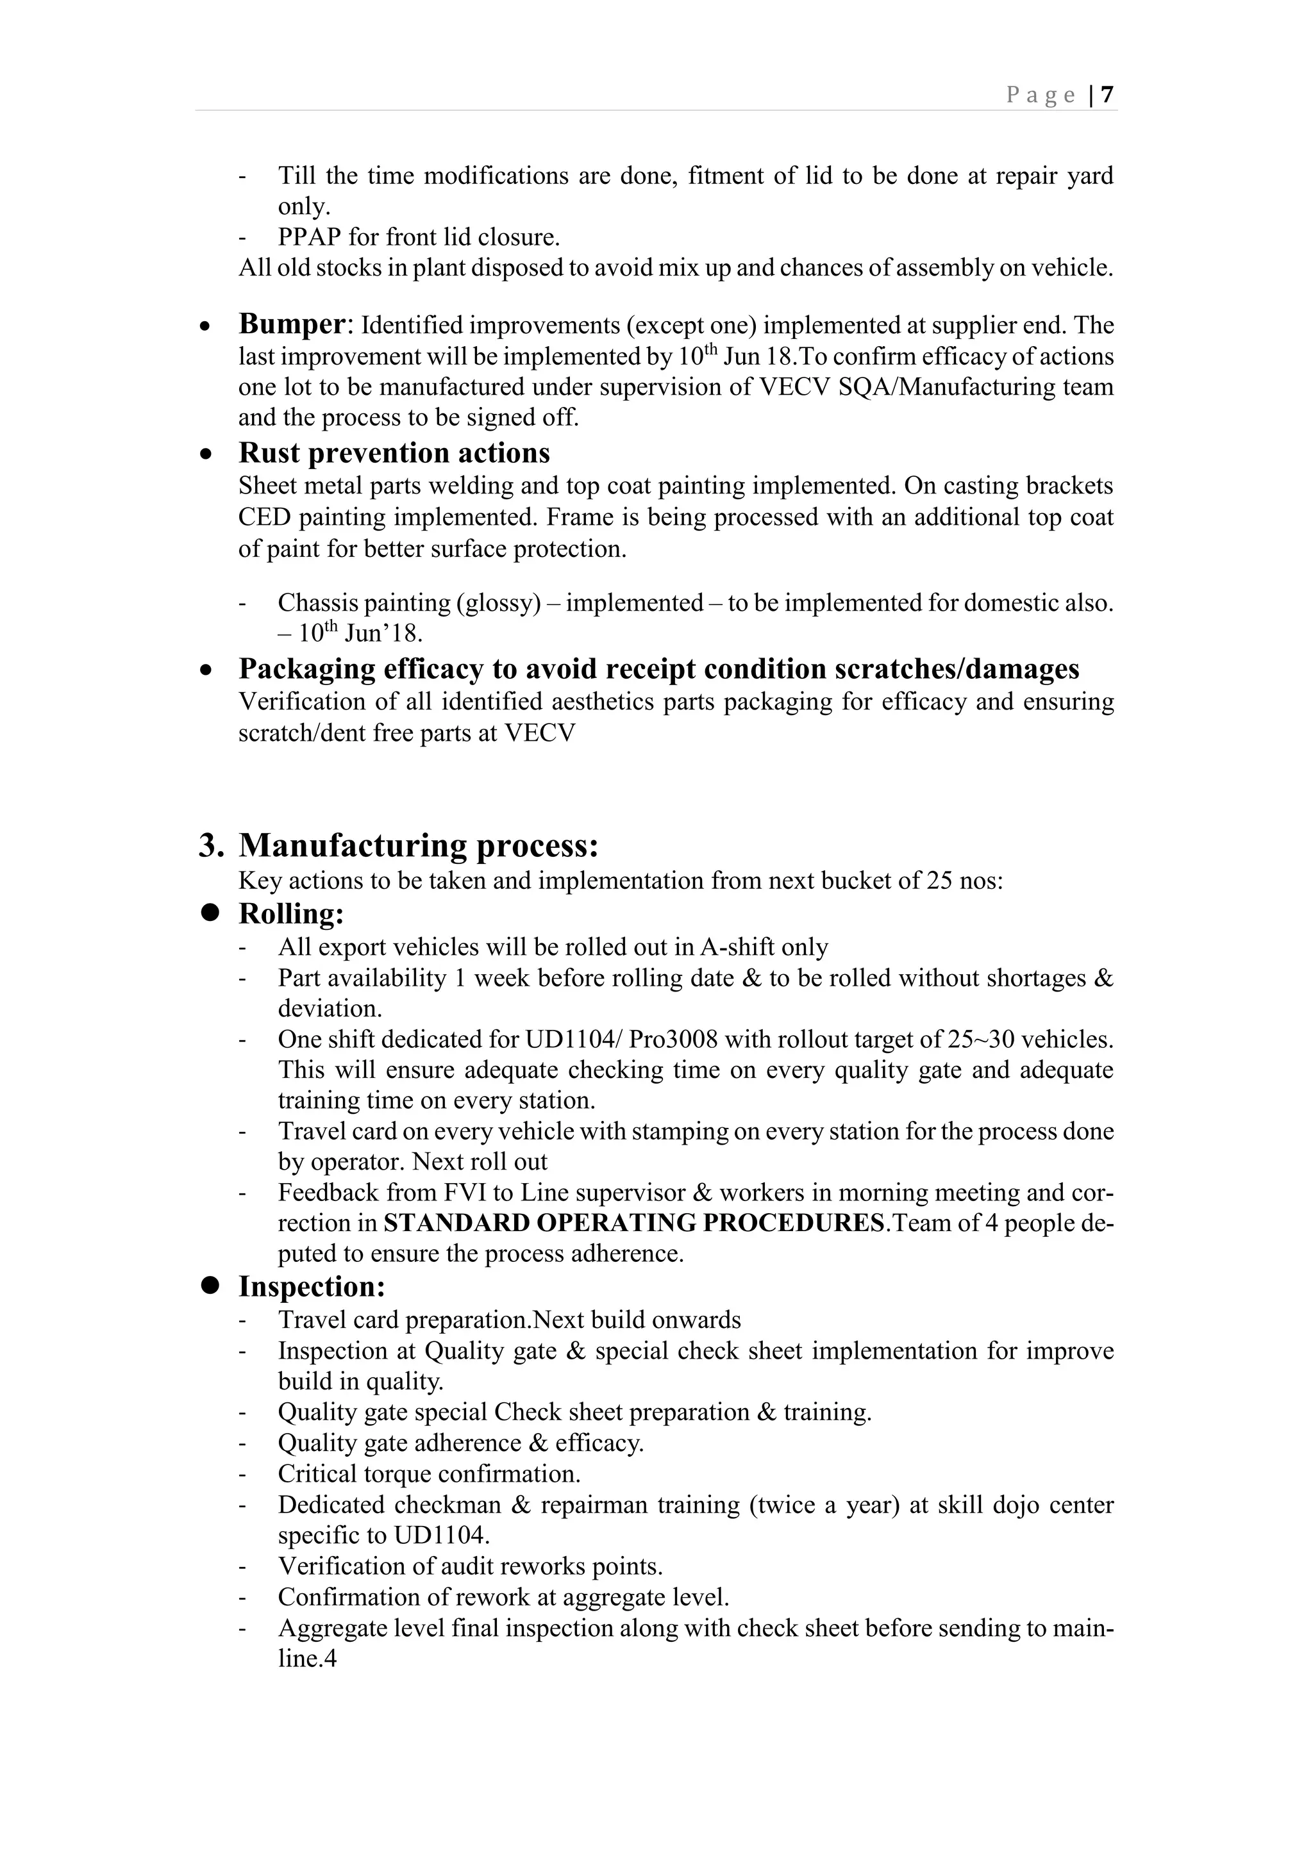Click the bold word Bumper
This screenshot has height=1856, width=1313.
click(292, 324)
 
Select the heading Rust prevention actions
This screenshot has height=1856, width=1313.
click(394, 452)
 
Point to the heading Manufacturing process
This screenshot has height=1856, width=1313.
click(418, 845)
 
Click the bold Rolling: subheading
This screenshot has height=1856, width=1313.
click(291, 915)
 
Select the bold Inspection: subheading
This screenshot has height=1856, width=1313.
click(312, 1287)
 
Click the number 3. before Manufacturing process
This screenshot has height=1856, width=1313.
click(211, 845)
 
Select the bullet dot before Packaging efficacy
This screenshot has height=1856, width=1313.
click(208, 671)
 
